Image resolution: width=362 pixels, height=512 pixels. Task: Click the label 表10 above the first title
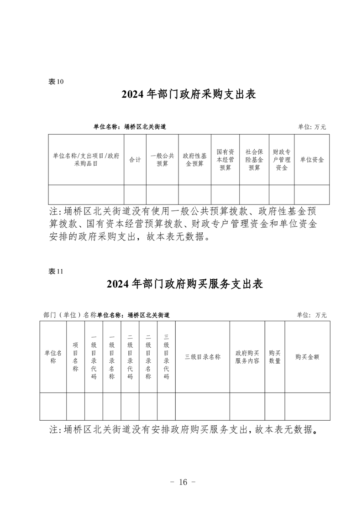(x=56, y=82)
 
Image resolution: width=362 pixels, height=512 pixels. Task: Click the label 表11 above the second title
(x=56, y=272)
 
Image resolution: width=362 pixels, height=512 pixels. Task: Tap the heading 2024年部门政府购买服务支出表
(x=185, y=284)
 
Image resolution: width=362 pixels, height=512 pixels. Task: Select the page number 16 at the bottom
(x=183, y=482)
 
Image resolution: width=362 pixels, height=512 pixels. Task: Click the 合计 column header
(x=135, y=160)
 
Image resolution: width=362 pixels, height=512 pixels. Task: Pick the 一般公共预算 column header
(x=163, y=160)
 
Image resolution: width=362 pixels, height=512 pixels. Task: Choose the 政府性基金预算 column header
(x=195, y=160)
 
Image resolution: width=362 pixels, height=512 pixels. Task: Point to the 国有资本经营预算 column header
(x=226, y=160)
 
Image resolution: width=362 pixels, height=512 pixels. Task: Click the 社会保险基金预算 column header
(x=254, y=160)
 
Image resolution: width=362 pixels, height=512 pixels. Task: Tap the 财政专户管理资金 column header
(x=282, y=160)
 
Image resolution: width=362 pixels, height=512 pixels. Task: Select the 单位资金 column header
(x=312, y=160)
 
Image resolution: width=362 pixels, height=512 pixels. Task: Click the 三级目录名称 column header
(x=203, y=357)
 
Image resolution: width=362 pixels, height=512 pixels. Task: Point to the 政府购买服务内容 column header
(x=247, y=357)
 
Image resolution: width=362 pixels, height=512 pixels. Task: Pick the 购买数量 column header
(x=275, y=357)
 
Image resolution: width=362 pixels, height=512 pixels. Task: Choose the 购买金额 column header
(x=307, y=357)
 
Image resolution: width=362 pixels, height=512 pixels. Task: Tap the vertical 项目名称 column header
(x=75, y=357)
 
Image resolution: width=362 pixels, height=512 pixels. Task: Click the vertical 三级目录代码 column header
(x=166, y=357)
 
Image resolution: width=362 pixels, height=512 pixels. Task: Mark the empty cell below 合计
(x=135, y=194)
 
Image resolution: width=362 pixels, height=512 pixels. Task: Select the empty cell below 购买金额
(x=307, y=406)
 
